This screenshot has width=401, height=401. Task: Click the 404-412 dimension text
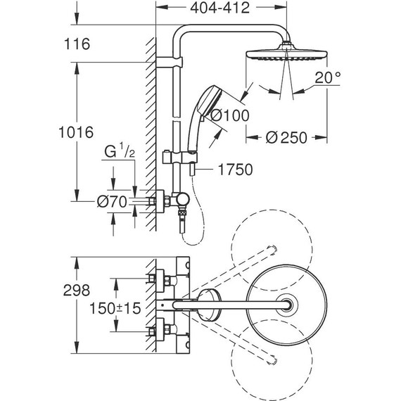click(220, 8)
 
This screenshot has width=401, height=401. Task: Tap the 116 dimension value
click(77, 44)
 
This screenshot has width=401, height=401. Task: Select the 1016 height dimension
click(76, 132)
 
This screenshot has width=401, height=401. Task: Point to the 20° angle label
click(328, 77)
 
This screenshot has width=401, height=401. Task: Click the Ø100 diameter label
click(230, 115)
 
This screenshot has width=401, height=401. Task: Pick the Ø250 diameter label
click(286, 137)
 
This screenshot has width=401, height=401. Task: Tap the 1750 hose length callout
click(235, 170)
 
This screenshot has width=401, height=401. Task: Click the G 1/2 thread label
click(120, 151)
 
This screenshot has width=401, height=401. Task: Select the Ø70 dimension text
click(112, 201)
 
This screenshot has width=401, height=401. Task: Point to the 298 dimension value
click(77, 291)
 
